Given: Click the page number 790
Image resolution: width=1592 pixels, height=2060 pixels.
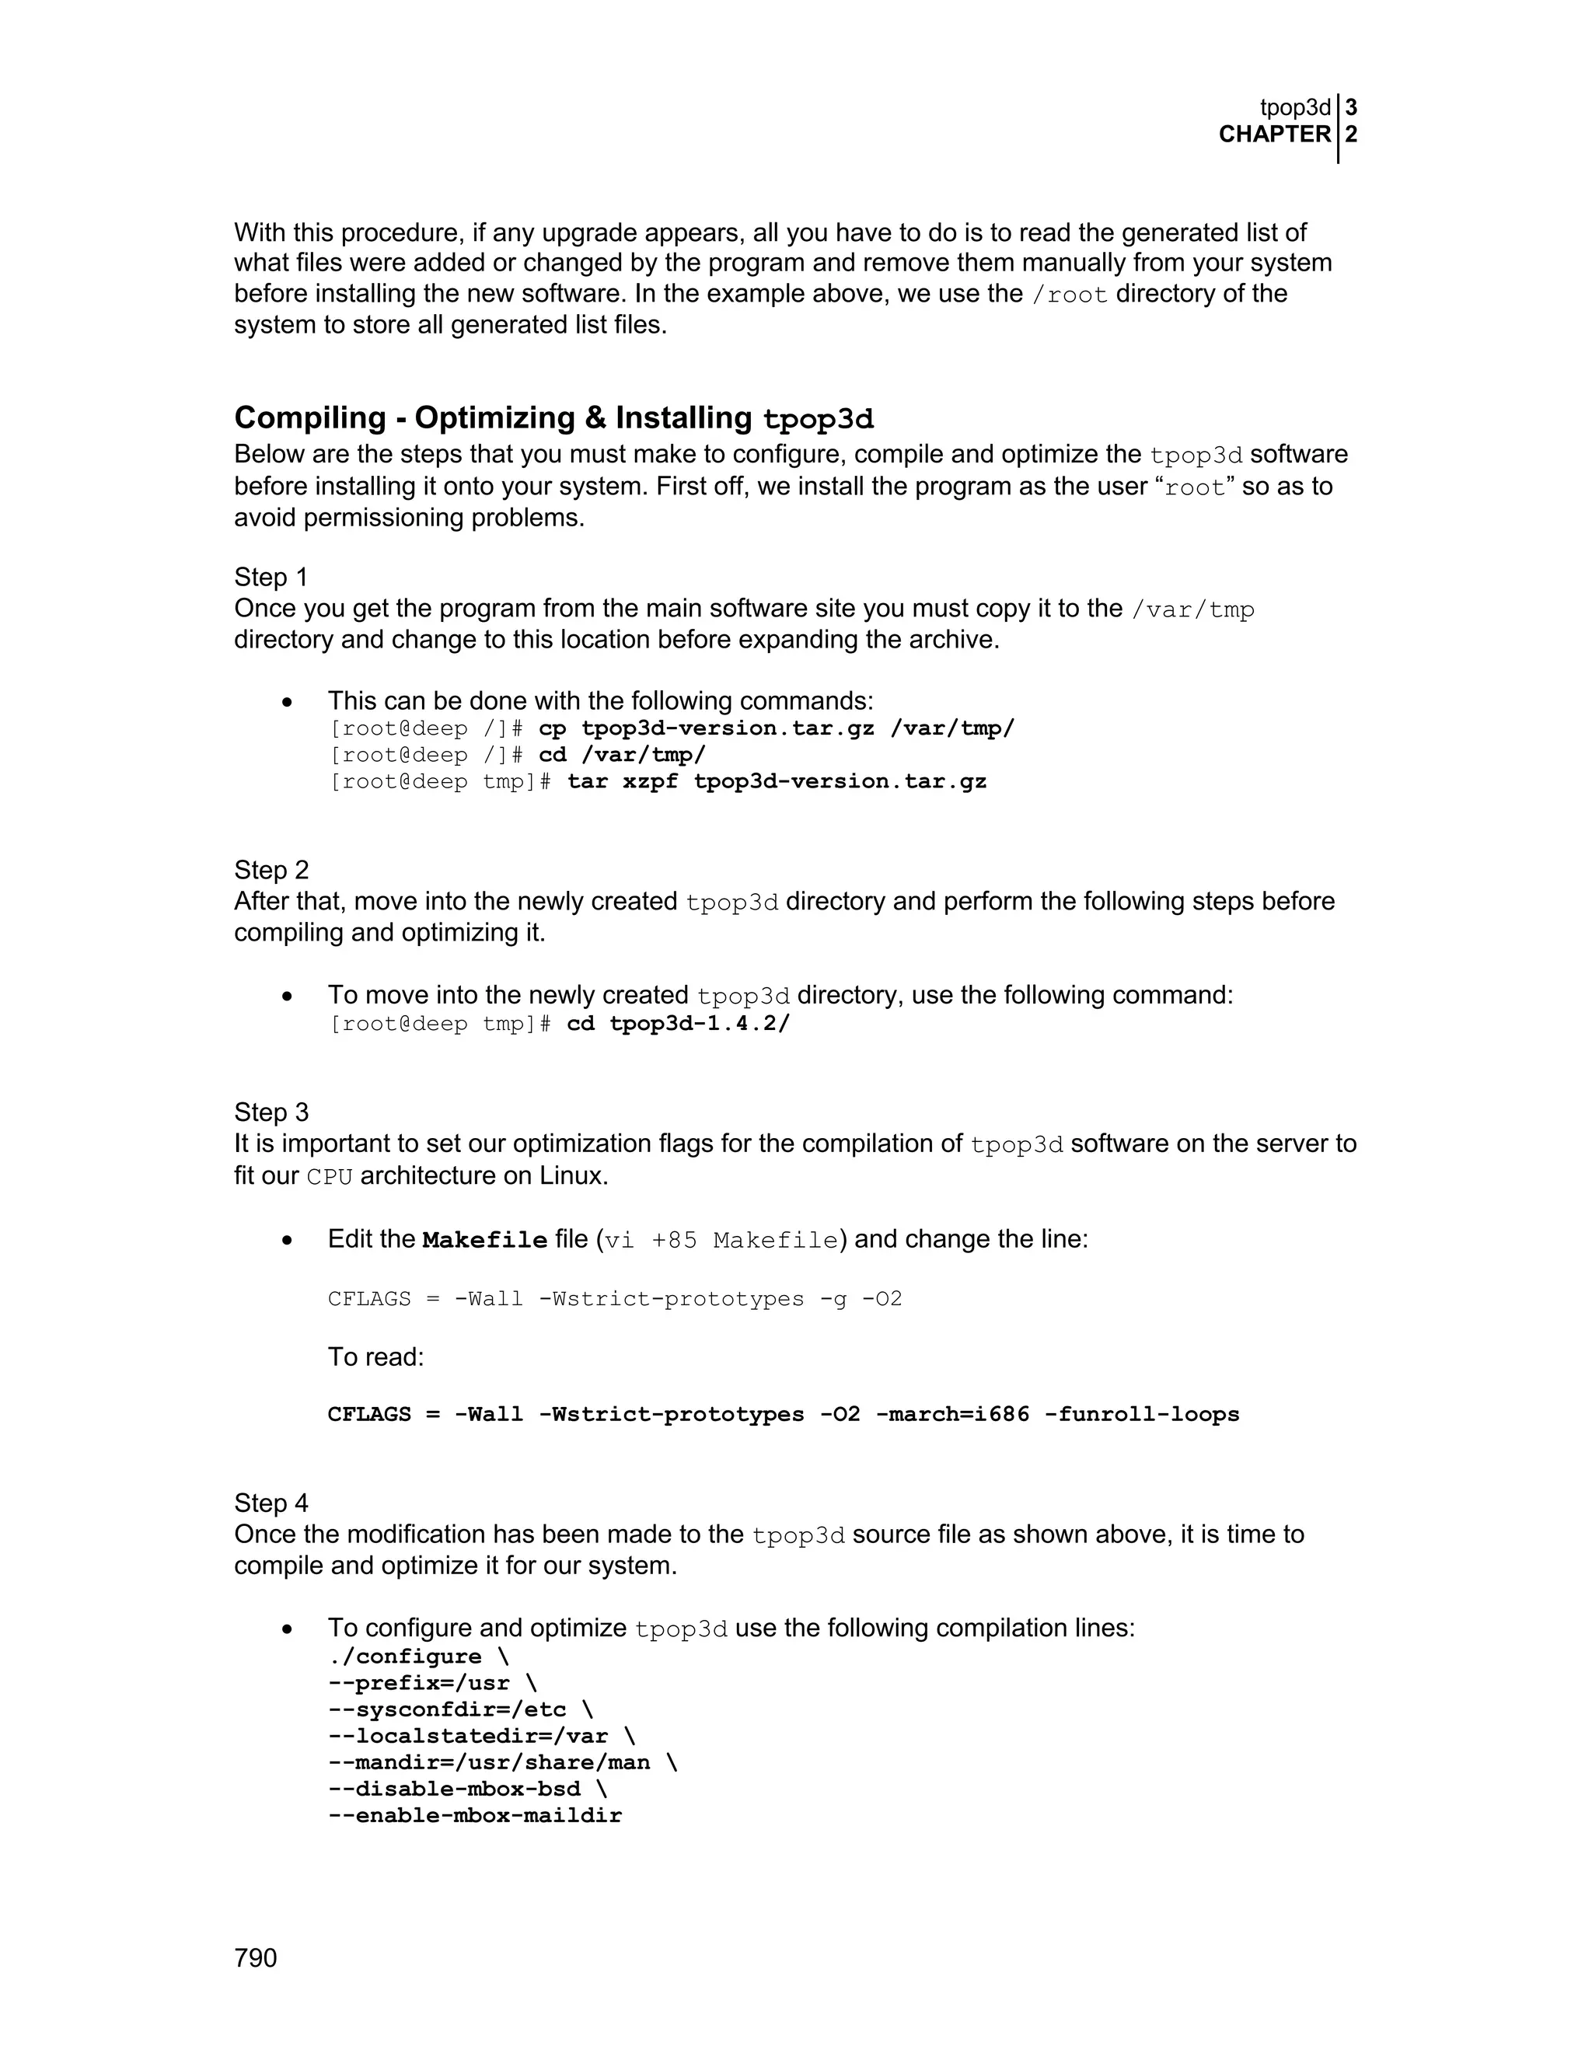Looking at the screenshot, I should click(256, 1958).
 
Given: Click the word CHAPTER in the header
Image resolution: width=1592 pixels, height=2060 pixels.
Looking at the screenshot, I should click(1274, 135).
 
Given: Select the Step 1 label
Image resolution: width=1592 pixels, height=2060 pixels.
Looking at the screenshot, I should click(271, 578).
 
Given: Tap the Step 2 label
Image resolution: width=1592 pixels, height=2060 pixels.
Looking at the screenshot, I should click(271, 870).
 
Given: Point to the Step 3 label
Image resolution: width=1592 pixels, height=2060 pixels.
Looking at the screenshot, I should click(271, 1112).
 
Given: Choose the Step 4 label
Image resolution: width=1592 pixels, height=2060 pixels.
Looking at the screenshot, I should click(271, 1503).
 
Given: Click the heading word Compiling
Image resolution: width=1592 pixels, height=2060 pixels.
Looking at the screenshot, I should click(310, 418).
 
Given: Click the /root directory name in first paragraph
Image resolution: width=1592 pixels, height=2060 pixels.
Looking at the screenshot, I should click(1070, 295).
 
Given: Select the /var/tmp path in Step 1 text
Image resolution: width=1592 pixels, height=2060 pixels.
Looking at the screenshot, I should click(1192, 610).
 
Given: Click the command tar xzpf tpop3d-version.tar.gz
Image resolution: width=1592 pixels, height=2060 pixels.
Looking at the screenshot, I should click(777, 782).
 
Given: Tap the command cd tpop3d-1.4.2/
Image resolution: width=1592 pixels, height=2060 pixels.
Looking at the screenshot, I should click(677, 1024).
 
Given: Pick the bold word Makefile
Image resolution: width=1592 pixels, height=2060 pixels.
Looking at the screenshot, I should click(485, 1241).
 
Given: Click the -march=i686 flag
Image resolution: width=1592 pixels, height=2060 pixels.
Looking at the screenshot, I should click(952, 1415).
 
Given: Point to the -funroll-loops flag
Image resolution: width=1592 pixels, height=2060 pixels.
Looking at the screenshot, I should click(1141, 1415).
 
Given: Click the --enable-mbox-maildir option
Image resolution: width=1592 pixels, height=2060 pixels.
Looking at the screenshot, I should click(474, 1816).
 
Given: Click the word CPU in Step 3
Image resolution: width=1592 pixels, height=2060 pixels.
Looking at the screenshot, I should click(329, 1178).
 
